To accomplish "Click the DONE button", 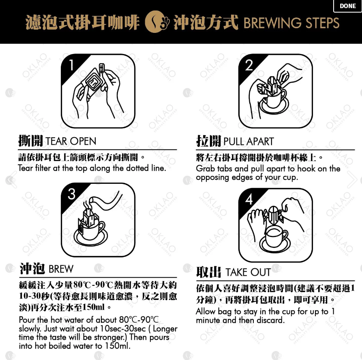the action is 347,6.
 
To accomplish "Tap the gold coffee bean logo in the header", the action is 157,22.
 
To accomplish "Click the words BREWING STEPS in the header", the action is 291,23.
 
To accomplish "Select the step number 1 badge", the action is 71,65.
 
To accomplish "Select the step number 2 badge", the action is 249,65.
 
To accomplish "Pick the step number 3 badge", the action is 71,194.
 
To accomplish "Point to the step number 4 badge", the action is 248,199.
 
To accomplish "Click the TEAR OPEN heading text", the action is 71,141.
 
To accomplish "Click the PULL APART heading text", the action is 248,141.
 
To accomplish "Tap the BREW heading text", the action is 61,269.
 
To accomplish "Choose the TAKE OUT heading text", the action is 248,272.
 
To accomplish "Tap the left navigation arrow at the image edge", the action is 11,180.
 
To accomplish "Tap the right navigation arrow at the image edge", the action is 352,180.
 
